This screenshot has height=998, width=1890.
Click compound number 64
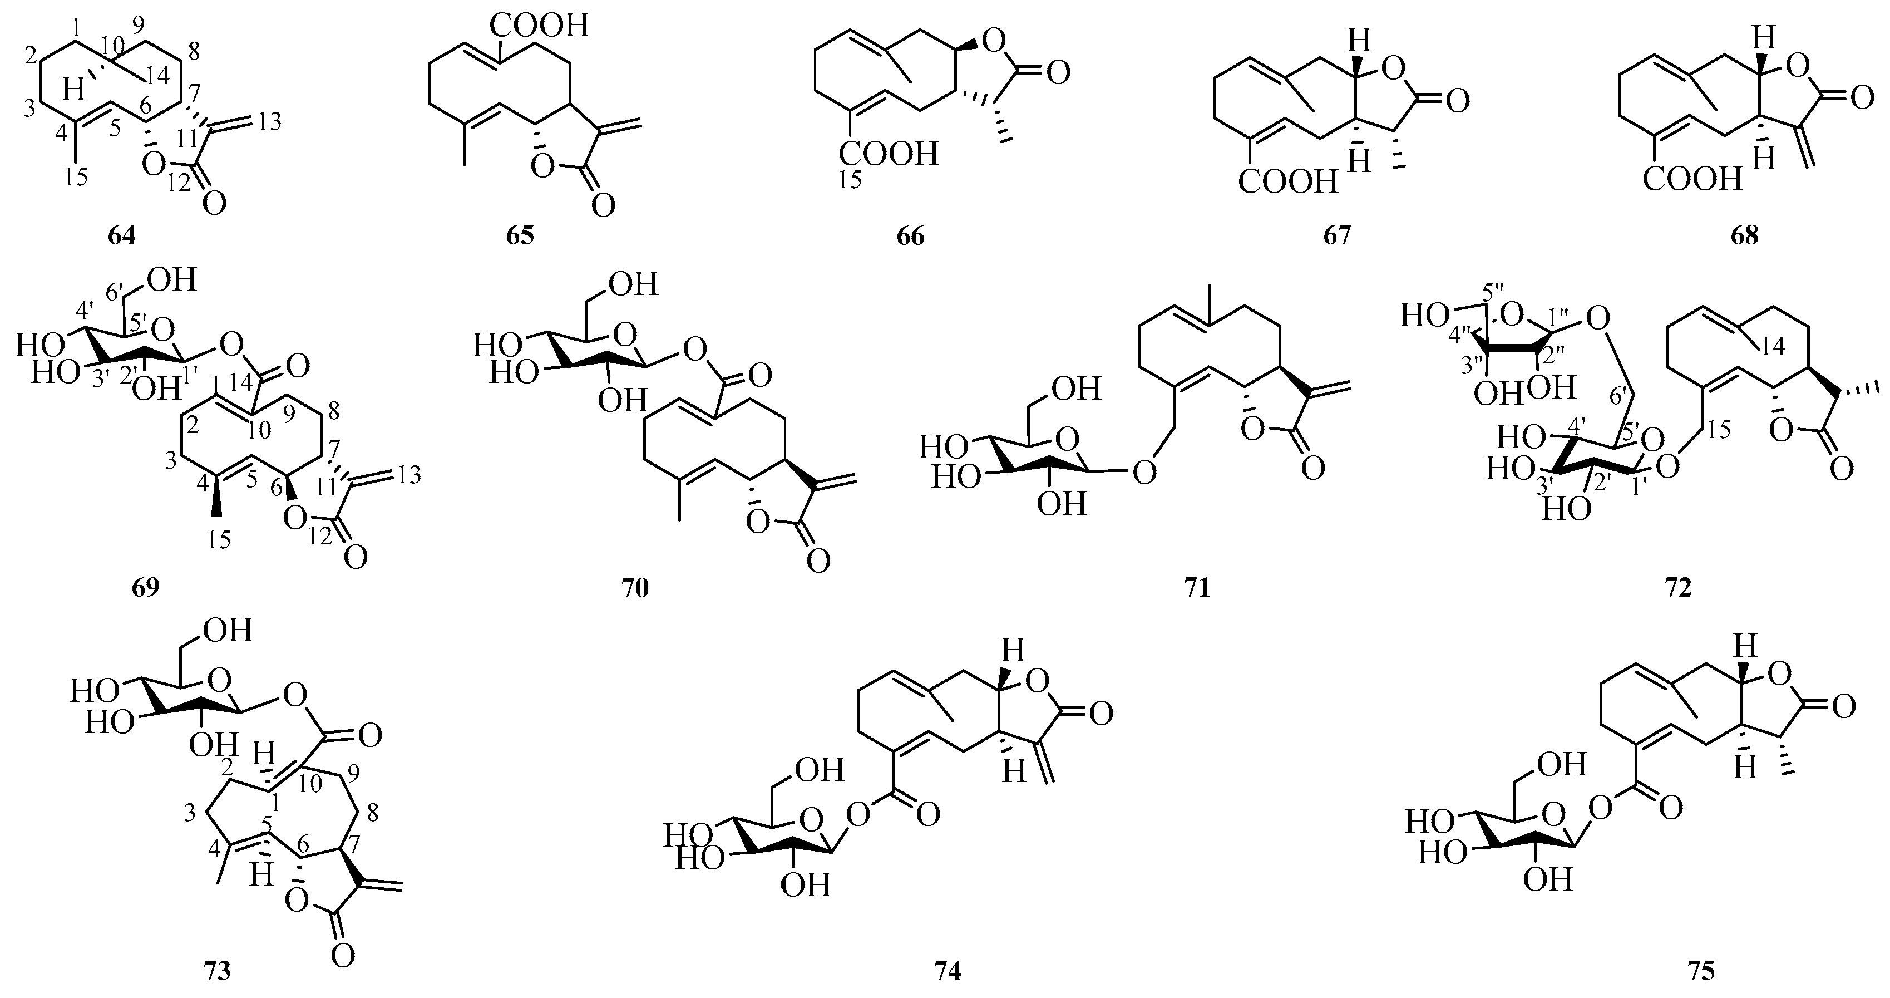122,237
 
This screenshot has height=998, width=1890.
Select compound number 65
520,237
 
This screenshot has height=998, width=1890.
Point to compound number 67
1337,237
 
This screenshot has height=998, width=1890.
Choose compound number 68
1744,237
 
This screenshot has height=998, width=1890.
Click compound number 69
145,588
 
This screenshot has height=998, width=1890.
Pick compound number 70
635,588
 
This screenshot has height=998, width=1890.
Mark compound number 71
1197,588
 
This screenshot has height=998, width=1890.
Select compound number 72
1679,588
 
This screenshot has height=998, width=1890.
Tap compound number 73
217,971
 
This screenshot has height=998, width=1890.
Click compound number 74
947,971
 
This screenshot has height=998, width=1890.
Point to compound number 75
1701,971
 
